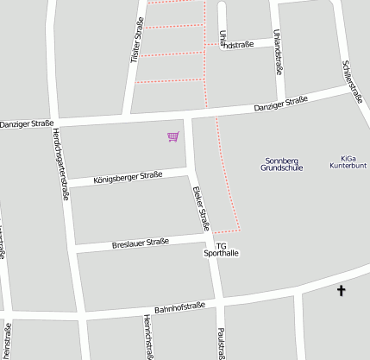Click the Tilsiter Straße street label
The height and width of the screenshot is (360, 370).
pyautogui.click(x=135, y=41)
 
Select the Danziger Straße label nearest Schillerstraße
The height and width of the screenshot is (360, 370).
pyautogui.click(x=280, y=105)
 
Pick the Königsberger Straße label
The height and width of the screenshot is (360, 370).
pyautogui.click(x=127, y=177)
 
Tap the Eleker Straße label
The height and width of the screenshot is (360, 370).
pyautogui.click(x=200, y=207)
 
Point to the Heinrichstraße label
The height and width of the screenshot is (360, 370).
pyautogui.click(x=147, y=337)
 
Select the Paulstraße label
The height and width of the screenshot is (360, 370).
pyautogui.click(x=222, y=342)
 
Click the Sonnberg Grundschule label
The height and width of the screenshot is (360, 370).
pyautogui.click(x=282, y=164)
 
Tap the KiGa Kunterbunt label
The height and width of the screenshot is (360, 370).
pyautogui.click(x=348, y=164)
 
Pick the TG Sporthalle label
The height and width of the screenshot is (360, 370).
pyautogui.click(x=220, y=249)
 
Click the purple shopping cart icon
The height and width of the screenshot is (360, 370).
pyautogui.click(x=173, y=136)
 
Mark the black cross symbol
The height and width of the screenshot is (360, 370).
pyautogui.click(x=341, y=291)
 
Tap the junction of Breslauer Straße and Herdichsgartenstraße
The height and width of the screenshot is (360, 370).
pyautogui.click(x=72, y=249)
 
